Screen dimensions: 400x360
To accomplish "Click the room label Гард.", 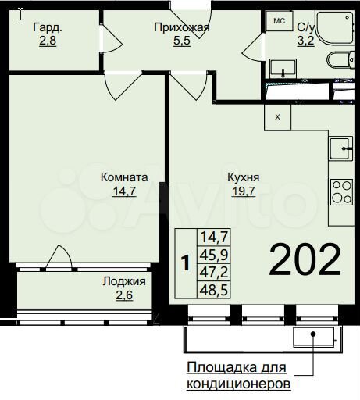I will point(48,28).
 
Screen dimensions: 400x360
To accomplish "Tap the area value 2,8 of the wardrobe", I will point(48,41).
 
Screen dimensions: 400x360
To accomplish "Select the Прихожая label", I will point(182,28).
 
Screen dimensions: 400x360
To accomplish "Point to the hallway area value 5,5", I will point(182,41).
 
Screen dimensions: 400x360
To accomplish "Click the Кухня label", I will point(243,177).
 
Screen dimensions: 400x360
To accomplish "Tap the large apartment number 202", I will point(305,260).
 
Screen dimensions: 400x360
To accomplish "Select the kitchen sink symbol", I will point(340,147).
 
